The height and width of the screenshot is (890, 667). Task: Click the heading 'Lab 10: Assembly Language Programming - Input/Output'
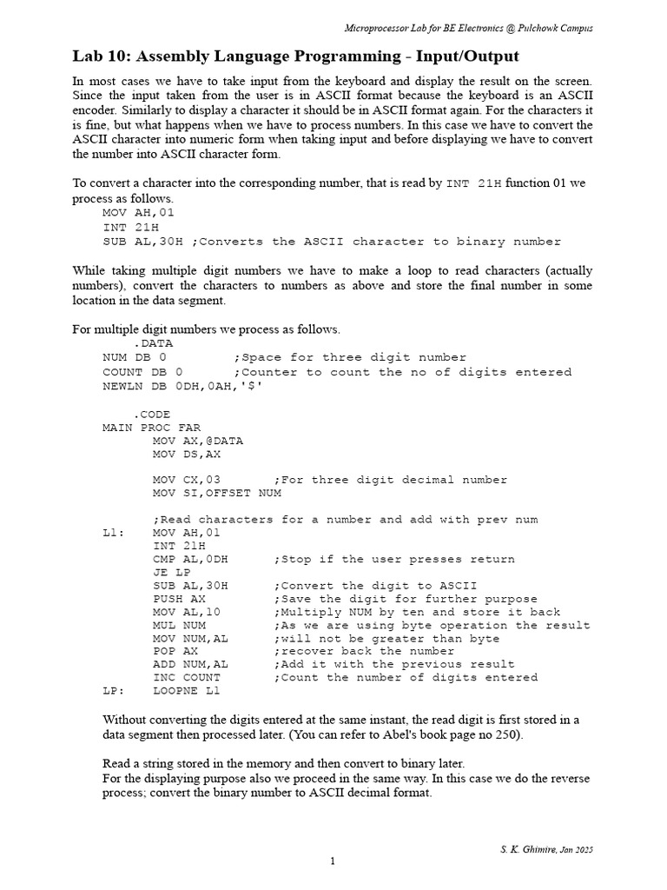[295, 56]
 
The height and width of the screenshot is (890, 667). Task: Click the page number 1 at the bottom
[332, 861]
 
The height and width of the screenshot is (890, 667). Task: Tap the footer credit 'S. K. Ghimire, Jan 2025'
[547, 848]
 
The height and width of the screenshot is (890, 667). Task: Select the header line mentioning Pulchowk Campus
[469, 28]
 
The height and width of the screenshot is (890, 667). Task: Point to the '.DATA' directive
[153, 343]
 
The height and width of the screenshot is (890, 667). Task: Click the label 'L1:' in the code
[113, 533]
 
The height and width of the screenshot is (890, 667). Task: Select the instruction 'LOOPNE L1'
[187, 691]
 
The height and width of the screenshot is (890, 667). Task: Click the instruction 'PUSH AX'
[180, 599]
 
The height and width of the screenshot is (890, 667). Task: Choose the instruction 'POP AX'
[176, 651]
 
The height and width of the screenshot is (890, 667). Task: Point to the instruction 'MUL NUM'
[180, 625]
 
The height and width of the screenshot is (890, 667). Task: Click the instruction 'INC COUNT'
[187, 677]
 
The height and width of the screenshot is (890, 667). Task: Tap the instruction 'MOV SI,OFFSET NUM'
[217, 494]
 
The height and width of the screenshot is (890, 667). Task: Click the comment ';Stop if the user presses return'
[394, 559]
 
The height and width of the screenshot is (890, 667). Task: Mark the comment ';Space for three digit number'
[350, 357]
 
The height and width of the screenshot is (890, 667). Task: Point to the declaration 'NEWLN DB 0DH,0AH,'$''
[182, 385]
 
